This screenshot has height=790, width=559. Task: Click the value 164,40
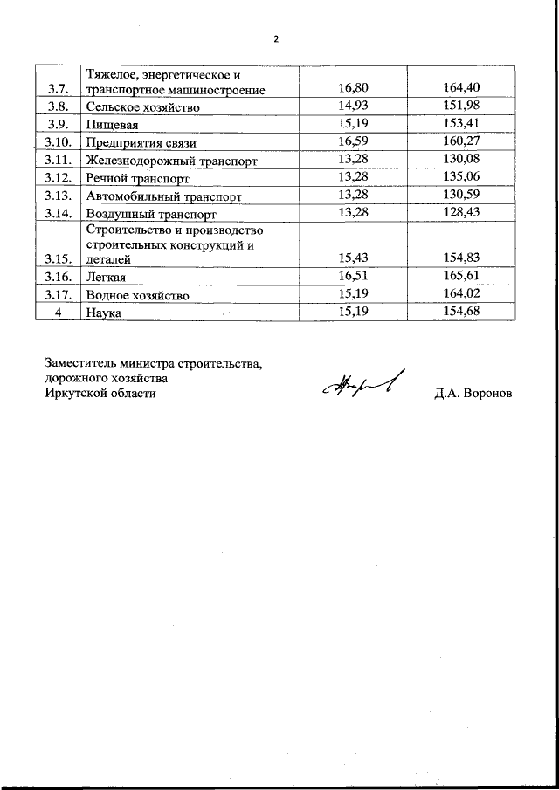462,87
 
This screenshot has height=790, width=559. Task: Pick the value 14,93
356,106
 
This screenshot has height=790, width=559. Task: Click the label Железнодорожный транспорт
171,161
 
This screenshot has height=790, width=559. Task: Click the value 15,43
356,257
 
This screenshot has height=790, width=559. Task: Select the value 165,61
462,275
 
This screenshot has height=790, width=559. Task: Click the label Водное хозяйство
137,296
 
